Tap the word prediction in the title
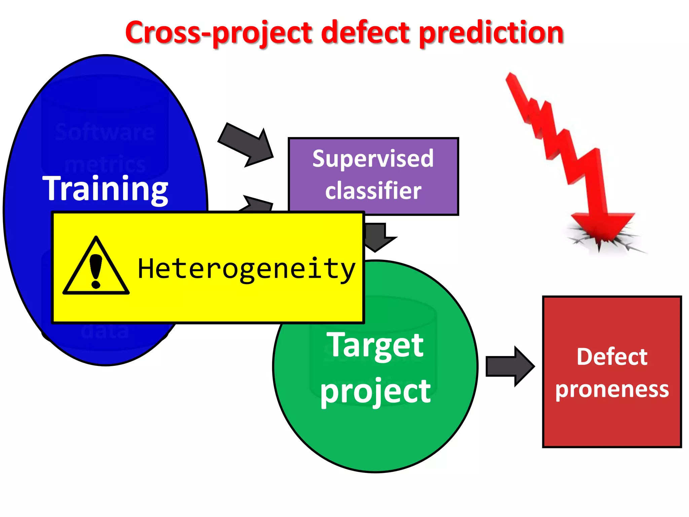(492, 33)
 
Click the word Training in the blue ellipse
(105, 189)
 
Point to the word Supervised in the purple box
(373, 159)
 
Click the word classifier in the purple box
(373, 191)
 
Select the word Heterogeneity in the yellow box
(247, 269)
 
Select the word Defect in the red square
(612, 357)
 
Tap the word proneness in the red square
(612, 389)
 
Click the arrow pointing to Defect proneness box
(510, 367)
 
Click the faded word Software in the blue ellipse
(105, 132)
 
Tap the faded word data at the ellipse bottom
(105, 331)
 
